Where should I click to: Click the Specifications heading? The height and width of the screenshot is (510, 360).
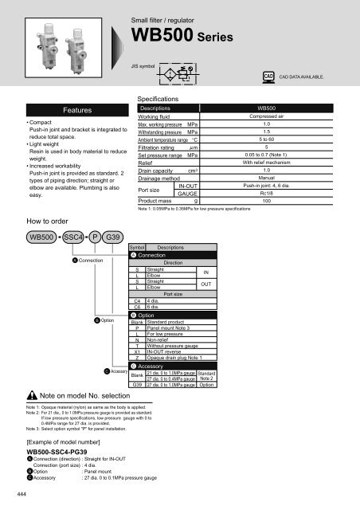pos(165,117)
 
